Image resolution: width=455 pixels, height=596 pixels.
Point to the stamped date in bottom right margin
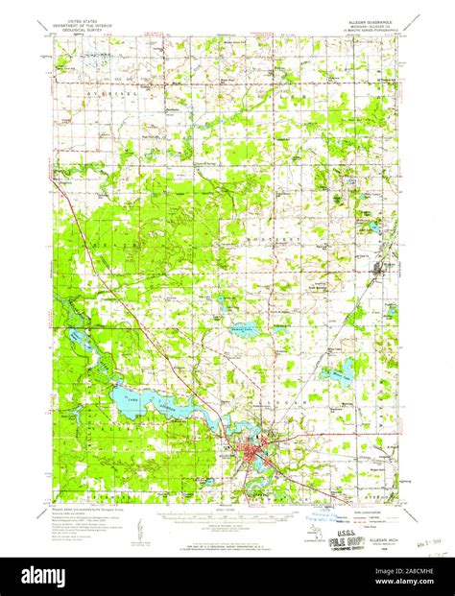pyautogui.click(x=424, y=545)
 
